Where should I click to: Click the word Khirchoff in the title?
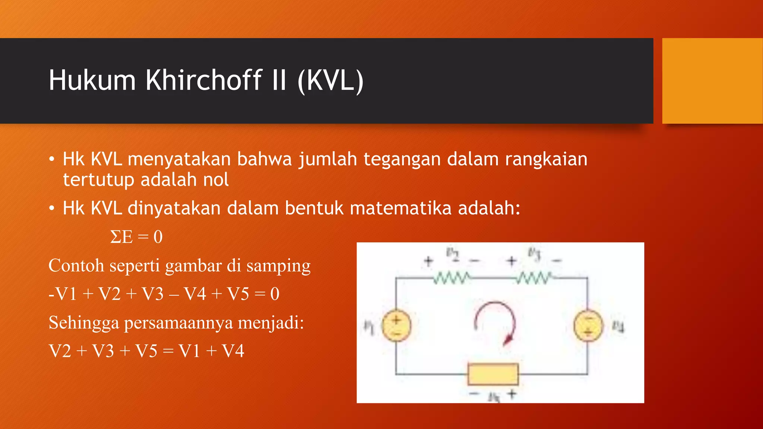pyautogui.click(x=204, y=80)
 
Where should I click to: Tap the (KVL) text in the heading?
pyautogui.click(x=330, y=81)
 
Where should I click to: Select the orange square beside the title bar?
pyautogui.click(x=712, y=81)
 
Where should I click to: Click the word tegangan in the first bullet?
pyautogui.click(x=402, y=159)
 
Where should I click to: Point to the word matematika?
pyautogui.click(x=401, y=208)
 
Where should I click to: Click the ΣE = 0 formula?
pyautogui.click(x=136, y=237)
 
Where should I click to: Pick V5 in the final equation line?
pyautogui.click(x=146, y=351)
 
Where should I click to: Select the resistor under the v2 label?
pyautogui.click(x=452, y=278)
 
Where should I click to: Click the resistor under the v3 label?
pyautogui.click(x=534, y=278)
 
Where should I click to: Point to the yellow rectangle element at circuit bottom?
pyautogui.click(x=493, y=374)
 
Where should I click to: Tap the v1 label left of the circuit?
pyautogui.click(x=368, y=327)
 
